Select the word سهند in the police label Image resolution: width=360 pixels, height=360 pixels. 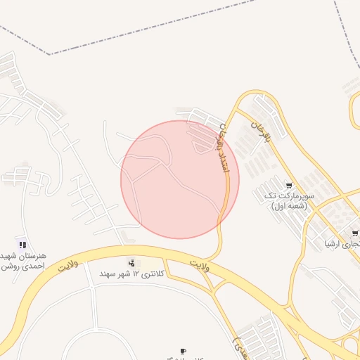click(108, 273)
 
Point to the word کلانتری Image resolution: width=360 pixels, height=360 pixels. click(157, 273)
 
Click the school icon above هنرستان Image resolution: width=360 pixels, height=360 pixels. click(22, 245)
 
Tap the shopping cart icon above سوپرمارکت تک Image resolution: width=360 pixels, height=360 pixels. click(288, 186)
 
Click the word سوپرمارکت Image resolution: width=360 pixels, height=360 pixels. click(295, 195)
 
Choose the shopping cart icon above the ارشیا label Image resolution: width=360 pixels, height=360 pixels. click(355, 233)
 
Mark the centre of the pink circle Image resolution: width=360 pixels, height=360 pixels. click(180, 179)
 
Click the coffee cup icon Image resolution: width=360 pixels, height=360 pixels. click(184, 350)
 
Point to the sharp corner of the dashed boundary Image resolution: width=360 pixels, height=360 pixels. click(49, 54)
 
